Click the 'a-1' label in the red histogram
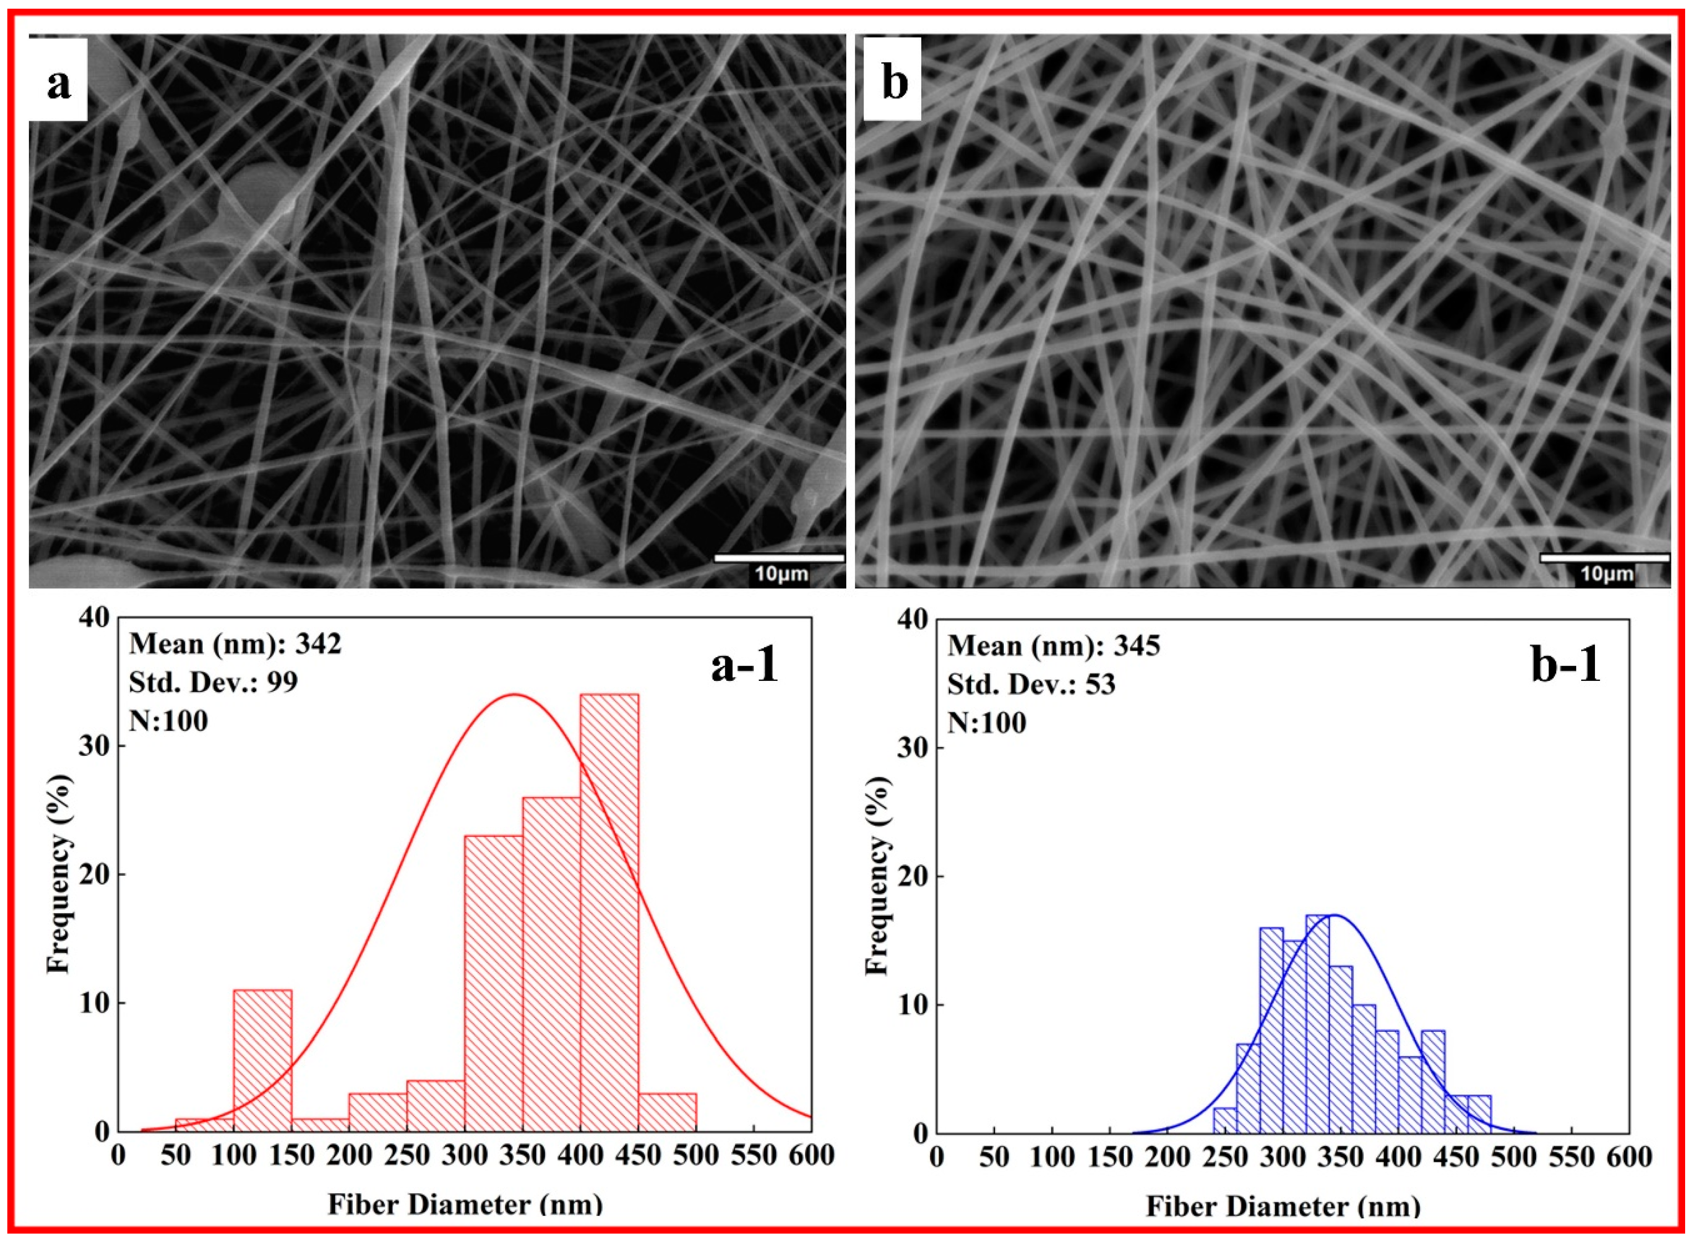coord(744,665)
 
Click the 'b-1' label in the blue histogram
coord(1565,665)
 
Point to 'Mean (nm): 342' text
coord(235,644)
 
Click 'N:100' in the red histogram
coord(168,721)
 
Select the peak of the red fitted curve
coord(514,694)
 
